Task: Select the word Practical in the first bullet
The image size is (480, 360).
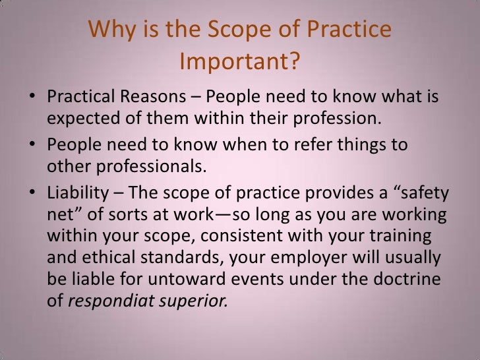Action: coord(82,99)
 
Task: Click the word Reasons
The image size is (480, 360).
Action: coord(156,99)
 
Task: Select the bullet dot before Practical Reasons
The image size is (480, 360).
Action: coord(32,100)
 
